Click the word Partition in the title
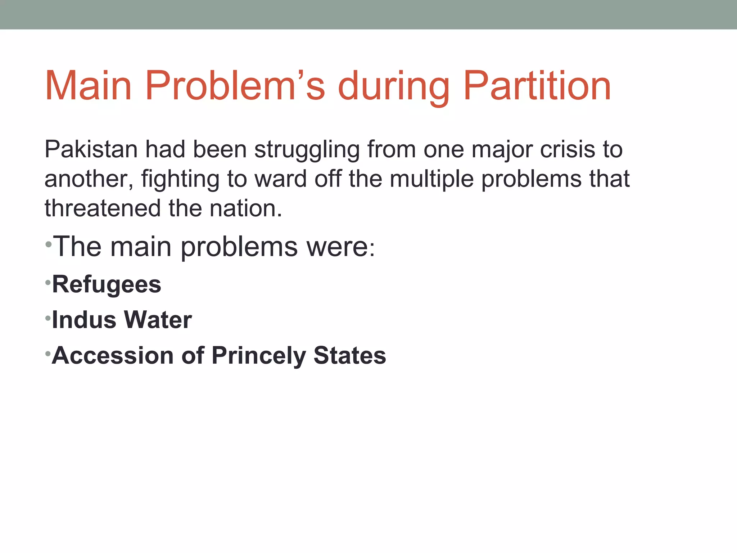click(537, 86)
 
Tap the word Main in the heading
click(88, 86)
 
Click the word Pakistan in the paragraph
click(91, 149)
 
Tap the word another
click(89, 179)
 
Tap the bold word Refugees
click(107, 285)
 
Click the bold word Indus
click(84, 320)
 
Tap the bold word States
click(349, 356)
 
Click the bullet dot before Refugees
click(48, 283)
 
